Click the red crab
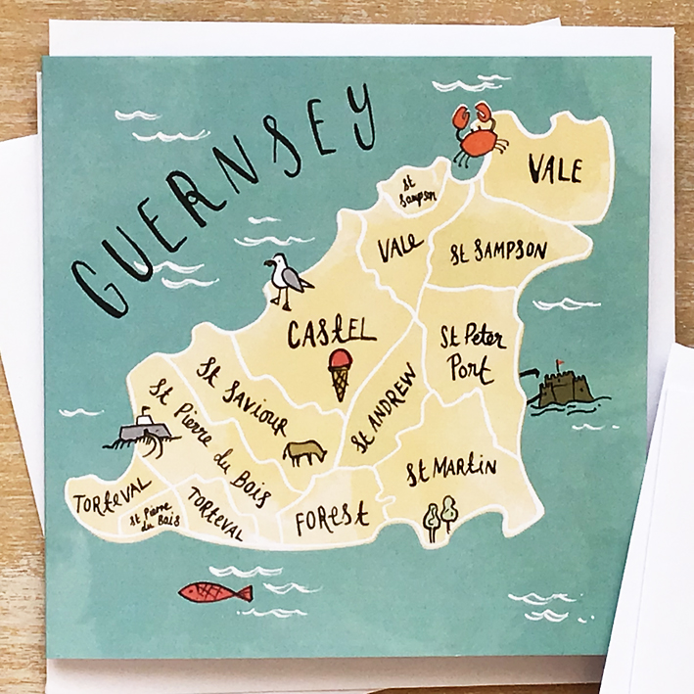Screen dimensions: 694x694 tap(478, 133)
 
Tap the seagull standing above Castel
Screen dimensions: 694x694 tap(288, 281)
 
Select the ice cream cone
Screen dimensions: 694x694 tap(340, 373)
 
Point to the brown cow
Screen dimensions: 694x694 tap(304, 451)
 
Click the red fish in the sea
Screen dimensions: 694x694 tap(216, 592)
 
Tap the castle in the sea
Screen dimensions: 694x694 tap(562, 387)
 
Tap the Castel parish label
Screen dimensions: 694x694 tap(331, 332)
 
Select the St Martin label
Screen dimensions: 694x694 tap(451, 470)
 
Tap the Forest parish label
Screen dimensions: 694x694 tap(331, 516)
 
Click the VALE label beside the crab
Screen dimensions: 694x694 tap(555, 170)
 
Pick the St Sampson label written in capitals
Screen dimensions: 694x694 tap(498, 252)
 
